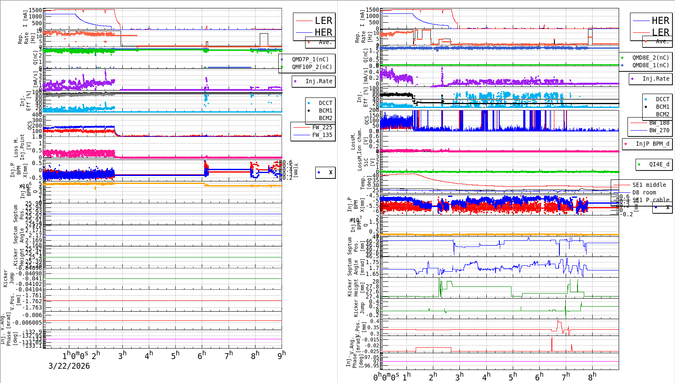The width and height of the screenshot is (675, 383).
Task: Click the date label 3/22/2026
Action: tap(69, 366)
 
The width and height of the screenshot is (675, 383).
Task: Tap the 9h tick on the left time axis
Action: tap(282, 355)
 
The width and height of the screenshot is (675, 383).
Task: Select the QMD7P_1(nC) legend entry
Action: tap(310, 59)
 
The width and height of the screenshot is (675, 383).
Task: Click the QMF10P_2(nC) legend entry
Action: tap(312, 67)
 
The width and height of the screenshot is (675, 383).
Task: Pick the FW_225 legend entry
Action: tap(322, 127)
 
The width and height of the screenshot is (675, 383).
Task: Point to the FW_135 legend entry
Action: tap(322, 135)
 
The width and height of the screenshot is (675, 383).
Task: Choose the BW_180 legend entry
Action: tap(659, 123)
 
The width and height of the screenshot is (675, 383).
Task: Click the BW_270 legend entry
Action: tap(659, 130)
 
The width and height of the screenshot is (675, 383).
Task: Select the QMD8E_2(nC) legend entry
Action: tap(651, 58)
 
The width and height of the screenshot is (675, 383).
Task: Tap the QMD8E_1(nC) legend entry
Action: tap(651, 65)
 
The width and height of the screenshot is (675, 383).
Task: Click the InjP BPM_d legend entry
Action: tap(652, 144)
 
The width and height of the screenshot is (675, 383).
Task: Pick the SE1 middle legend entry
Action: tap(649, 185)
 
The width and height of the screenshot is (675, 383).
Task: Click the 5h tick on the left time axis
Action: tap(175, 356)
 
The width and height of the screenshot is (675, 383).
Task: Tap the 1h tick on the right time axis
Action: tap(407, 377)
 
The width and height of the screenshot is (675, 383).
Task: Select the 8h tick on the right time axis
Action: tap(592, 377)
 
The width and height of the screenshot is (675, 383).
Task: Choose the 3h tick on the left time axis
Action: tap(122, 356)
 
